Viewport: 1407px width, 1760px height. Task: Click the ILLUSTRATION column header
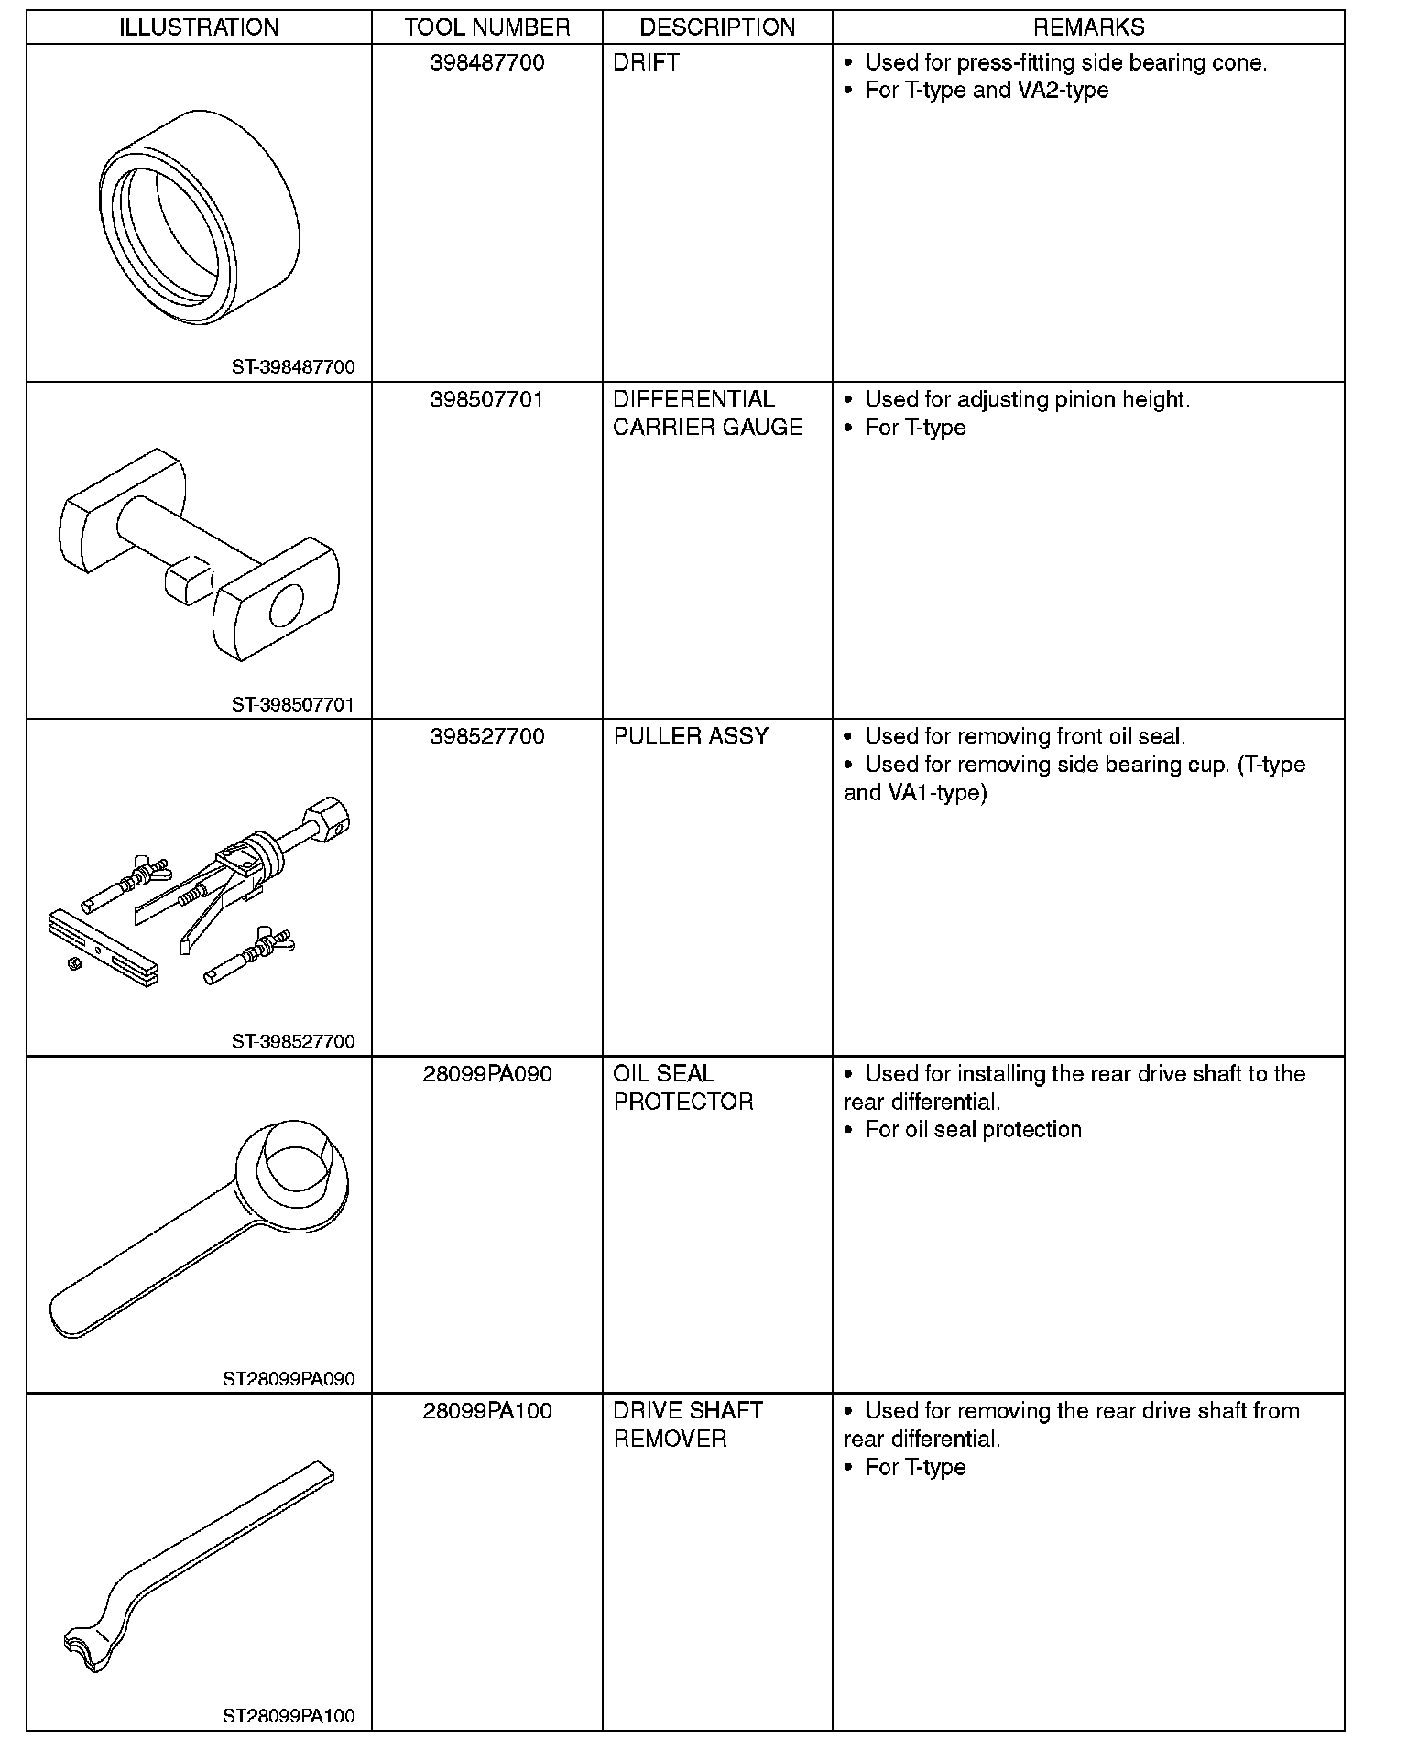tap(199, 27)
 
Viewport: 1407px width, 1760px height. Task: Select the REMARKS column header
tap(1088, 27)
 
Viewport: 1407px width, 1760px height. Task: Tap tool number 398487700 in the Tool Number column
tap(486, 63)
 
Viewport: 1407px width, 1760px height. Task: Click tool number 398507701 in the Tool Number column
tap(486, 400)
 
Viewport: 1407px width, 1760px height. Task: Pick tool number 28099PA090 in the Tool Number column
tap(486, 1074)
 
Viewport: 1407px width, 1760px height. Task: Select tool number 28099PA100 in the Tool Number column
tap(486, 1411)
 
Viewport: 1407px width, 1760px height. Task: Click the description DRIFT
tap(646, 63)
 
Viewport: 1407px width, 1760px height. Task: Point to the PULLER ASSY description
tap(691, 737)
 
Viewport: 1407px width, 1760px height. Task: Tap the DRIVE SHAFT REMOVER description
tap(687, 1425)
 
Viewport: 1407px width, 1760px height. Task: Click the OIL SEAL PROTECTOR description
tap(682, 1088)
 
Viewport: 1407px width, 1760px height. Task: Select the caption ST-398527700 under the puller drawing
tap(293, 1041)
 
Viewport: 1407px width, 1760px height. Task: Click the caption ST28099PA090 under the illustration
tap(289, 1379)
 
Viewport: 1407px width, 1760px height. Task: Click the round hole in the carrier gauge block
tap(285, 605)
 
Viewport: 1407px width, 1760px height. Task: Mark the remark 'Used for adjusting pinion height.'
tap(1027, 400)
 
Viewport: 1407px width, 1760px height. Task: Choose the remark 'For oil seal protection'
tap(973, 1130)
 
